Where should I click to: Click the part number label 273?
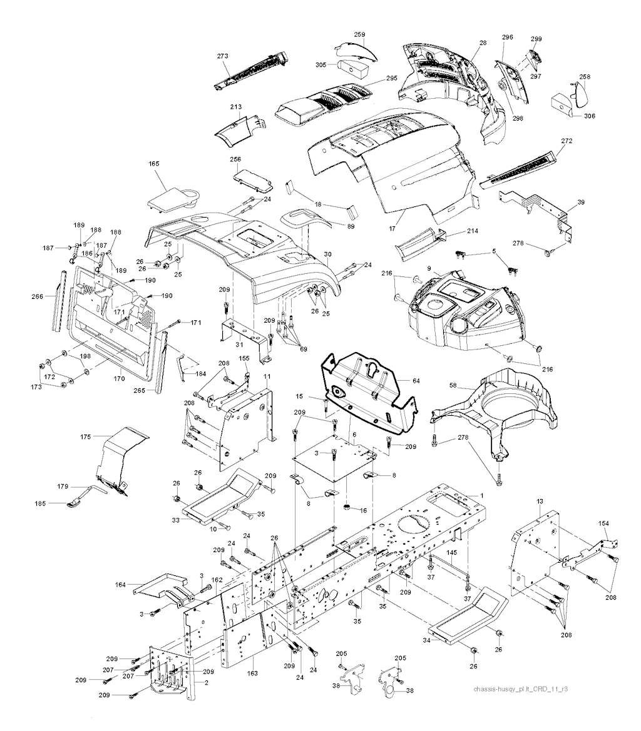click(223, 56)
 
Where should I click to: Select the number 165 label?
click(154, 164)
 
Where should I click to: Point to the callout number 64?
click(416, 380)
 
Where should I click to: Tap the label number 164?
click(121, 585)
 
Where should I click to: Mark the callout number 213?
click(235, 108)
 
